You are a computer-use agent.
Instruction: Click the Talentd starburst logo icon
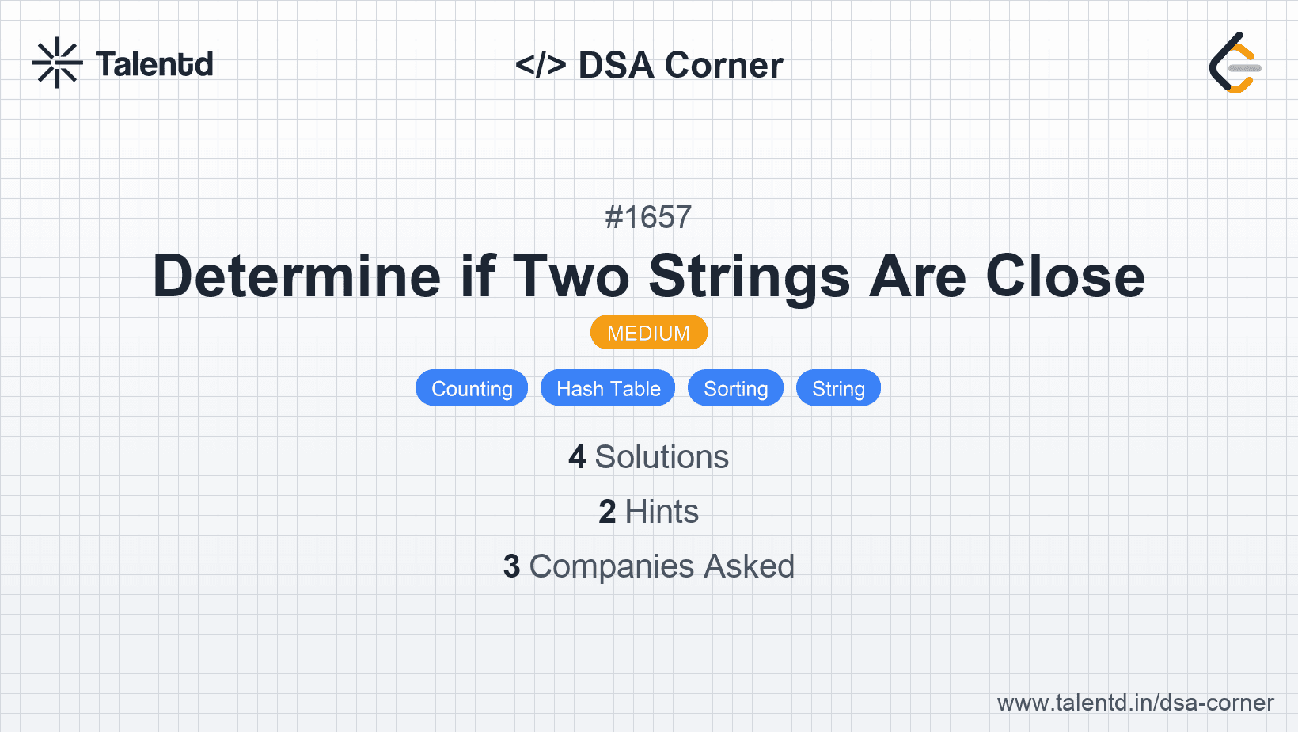coord(57,63)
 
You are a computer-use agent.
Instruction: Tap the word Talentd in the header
coord(154,64)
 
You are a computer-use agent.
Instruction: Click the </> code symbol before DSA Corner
coord(540,64)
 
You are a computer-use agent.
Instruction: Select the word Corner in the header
coord(723,65)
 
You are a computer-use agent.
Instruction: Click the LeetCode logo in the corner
coord(1235,63)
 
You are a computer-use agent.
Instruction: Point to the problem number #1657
coord(648,217)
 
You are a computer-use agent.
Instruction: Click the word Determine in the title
coord(297,276)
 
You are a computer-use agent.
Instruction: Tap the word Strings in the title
coord(750,277)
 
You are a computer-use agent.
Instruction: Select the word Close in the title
coord(1065,276)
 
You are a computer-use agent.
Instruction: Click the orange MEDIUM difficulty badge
coord(648,333)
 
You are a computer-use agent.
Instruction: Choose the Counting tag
coord(472,387)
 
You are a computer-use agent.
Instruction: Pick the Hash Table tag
coord(608,387)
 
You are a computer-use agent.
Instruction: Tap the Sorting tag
coord(735,387)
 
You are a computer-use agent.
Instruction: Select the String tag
coord(838,387)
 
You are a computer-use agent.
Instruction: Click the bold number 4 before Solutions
coord(577,457)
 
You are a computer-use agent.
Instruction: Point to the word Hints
coord(662,512)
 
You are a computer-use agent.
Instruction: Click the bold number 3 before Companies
coord(511,566)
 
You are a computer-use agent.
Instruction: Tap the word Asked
coord(749,566)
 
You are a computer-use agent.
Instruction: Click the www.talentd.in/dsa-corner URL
coord(1135,703)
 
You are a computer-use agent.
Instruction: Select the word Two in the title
coord(571,276)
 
